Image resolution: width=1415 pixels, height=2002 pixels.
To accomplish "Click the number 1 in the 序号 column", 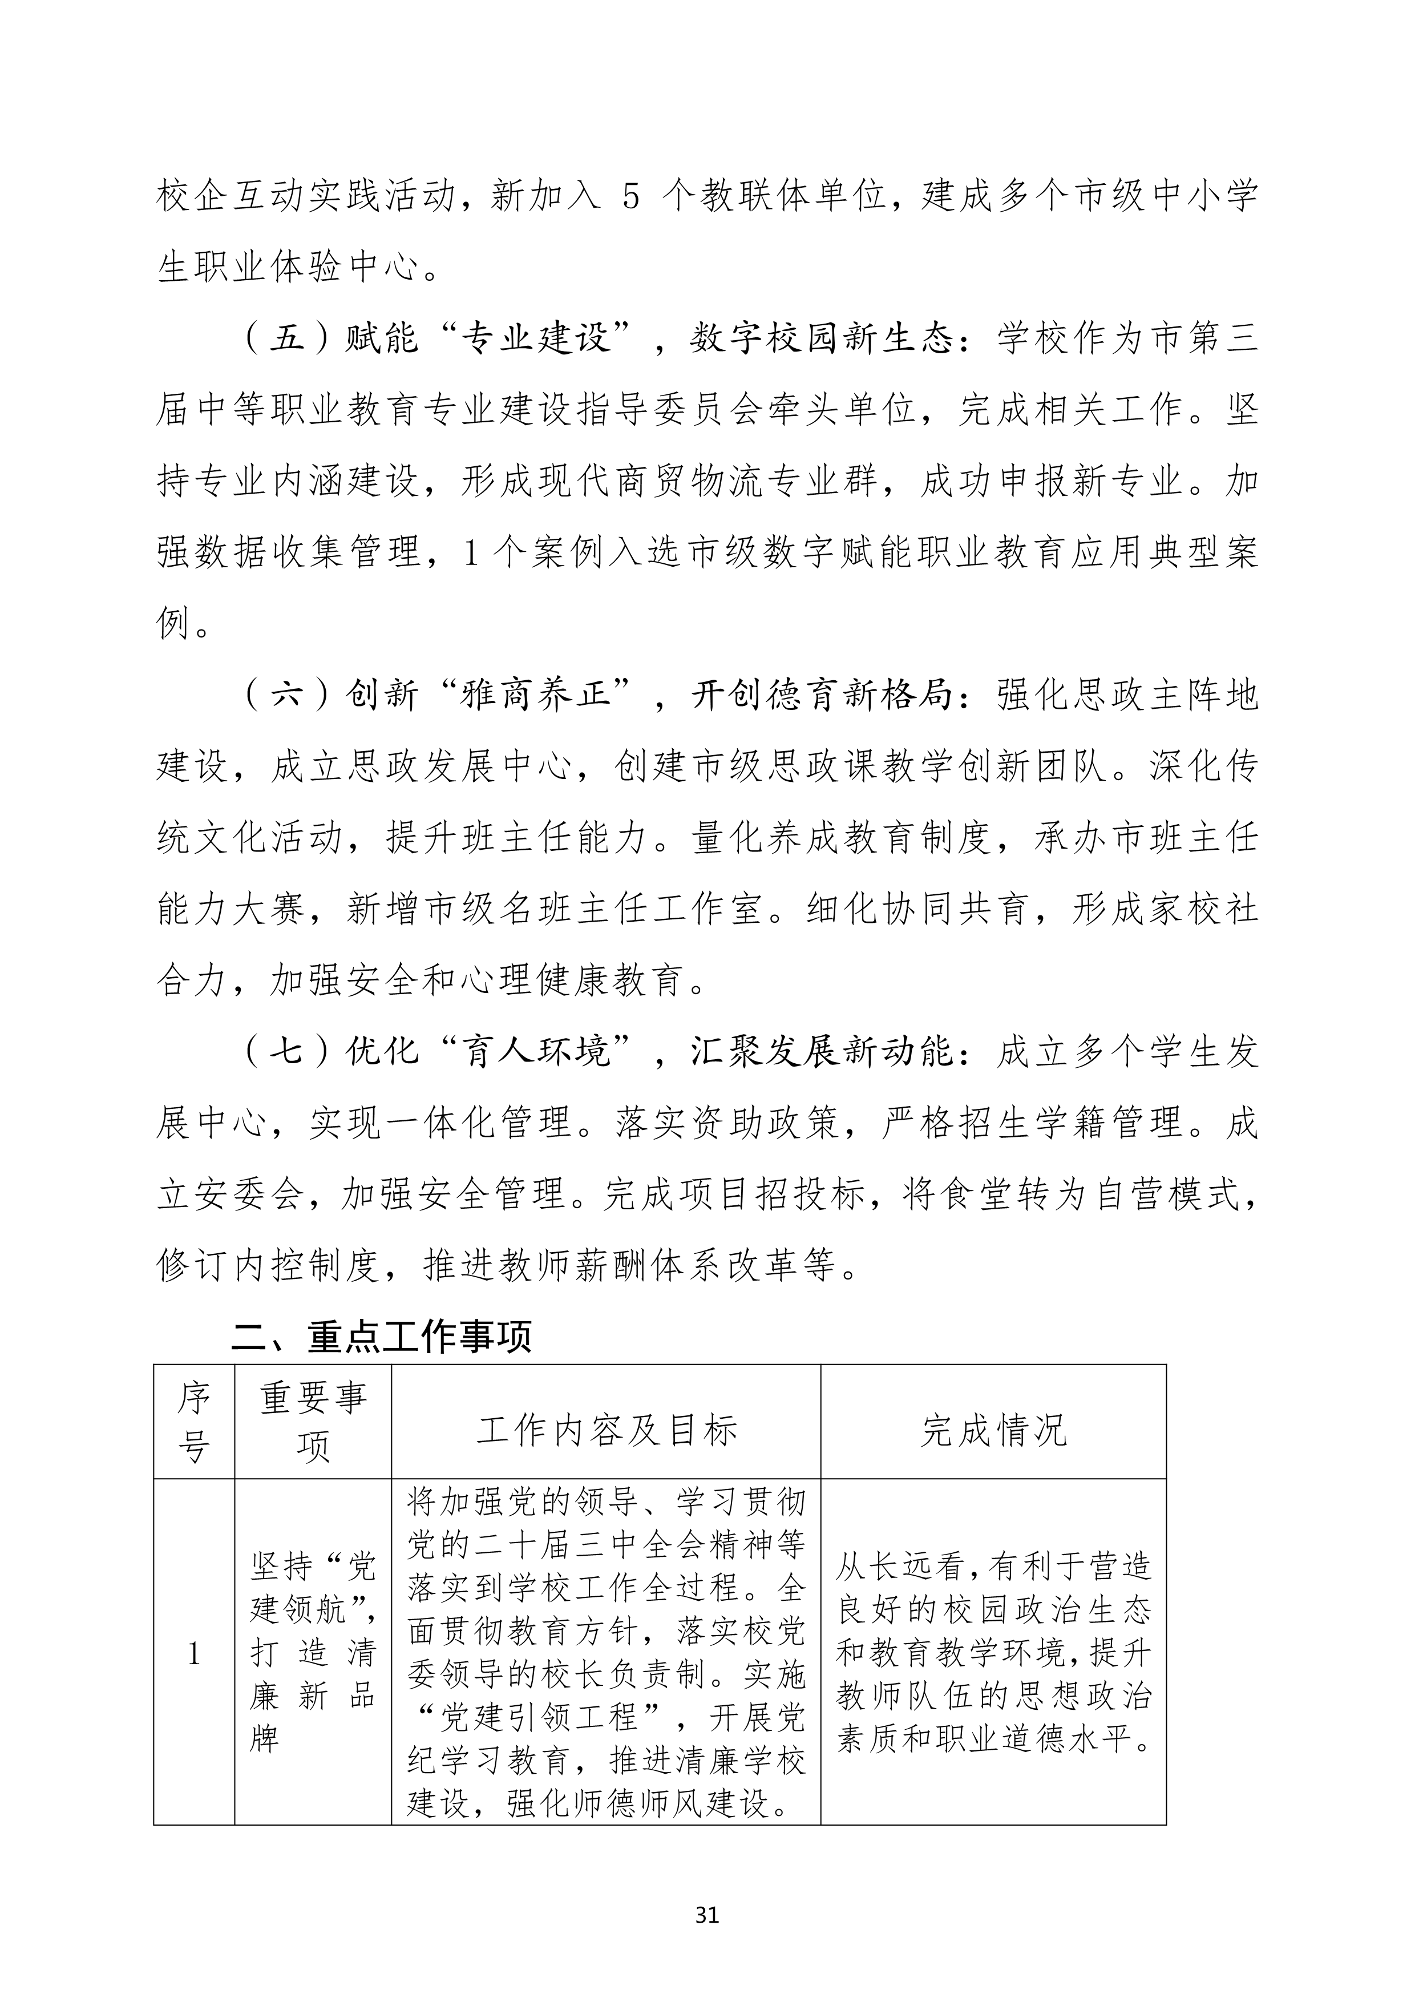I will [193, 1653].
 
